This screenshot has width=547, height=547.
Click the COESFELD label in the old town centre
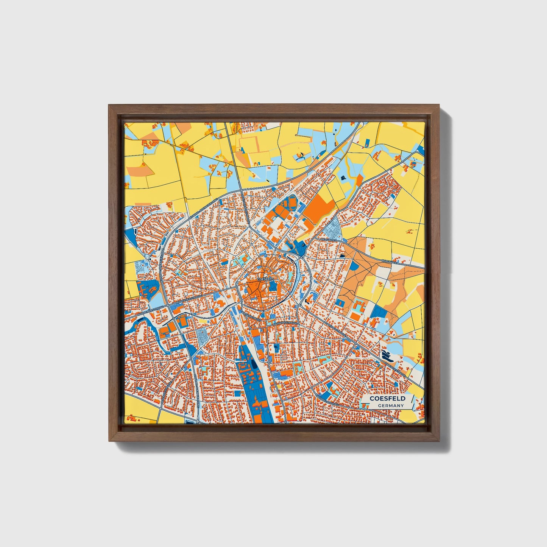tap(265, 279)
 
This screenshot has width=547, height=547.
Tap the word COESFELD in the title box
tap(387, 399)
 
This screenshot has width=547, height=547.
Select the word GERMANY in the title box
tap(390, 405)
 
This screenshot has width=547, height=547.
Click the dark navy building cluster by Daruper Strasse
tap(387, 355)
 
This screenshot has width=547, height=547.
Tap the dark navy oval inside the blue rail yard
tap(252, 365)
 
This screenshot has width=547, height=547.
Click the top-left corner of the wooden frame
tap(109, 105)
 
